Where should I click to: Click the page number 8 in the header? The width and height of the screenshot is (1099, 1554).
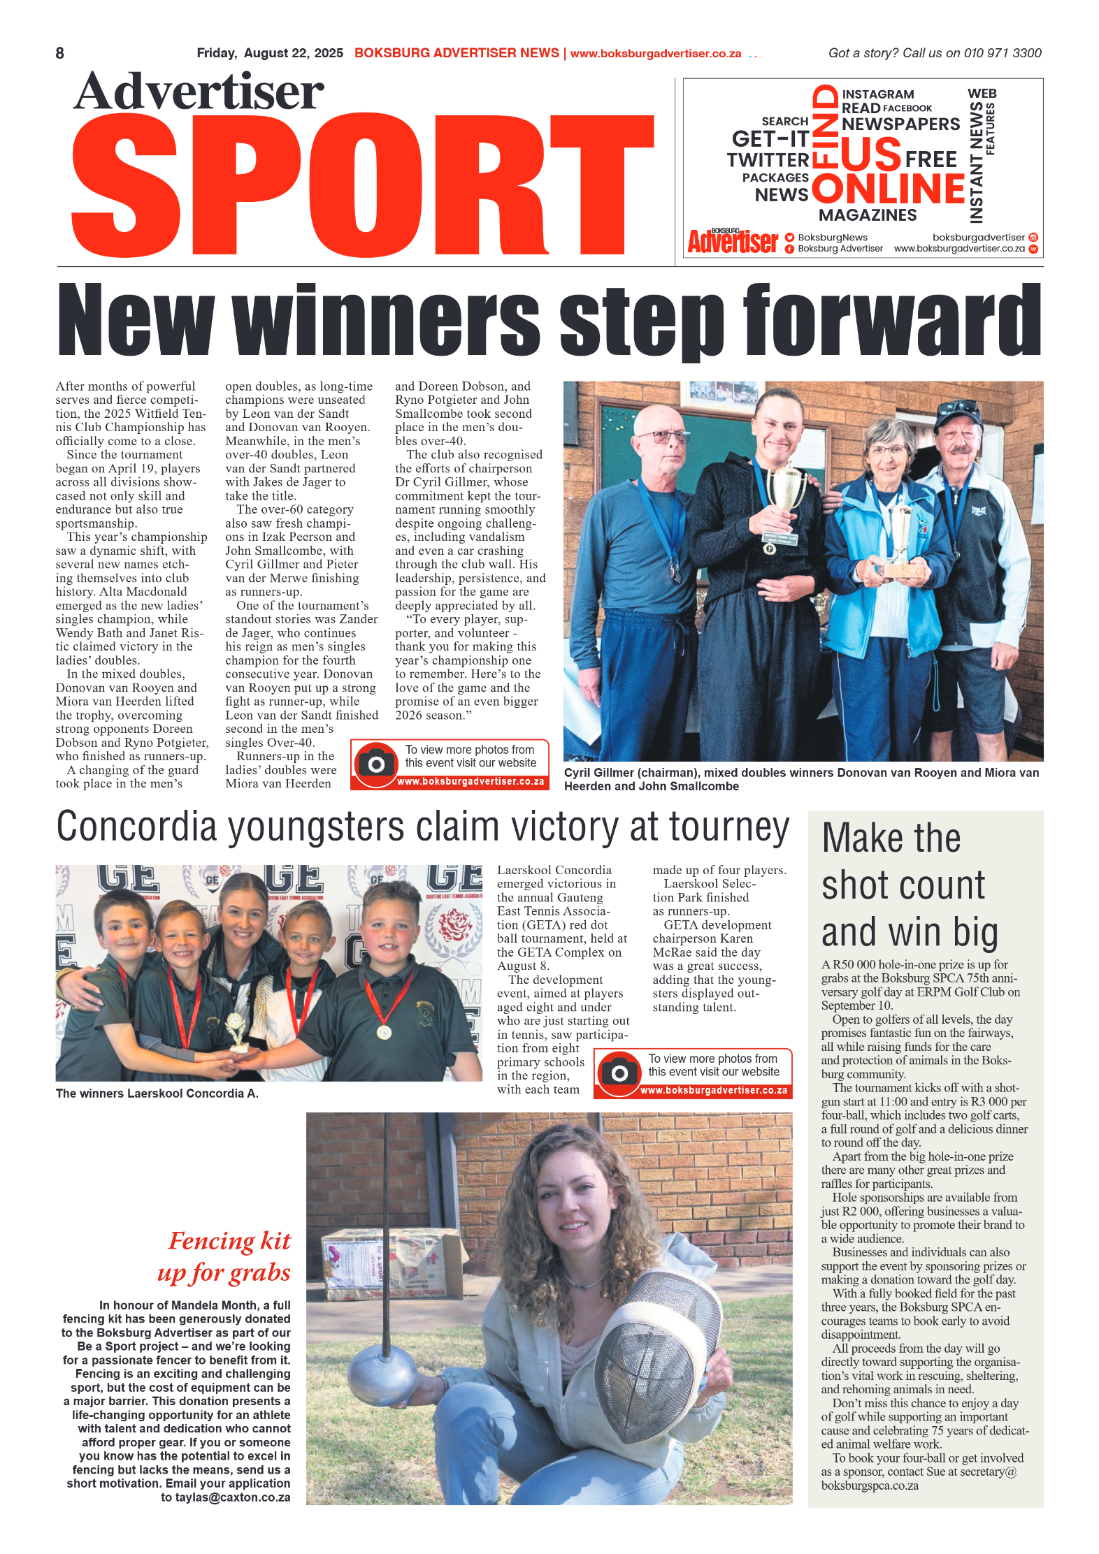click(60, 53)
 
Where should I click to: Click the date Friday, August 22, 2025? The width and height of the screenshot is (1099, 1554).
click(269, 53)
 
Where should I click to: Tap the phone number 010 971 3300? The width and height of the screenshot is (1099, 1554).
click(1002, 53)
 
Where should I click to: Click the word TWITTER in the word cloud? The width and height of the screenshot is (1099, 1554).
click(767, 161)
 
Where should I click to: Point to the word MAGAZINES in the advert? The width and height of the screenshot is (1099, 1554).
click(867, 215)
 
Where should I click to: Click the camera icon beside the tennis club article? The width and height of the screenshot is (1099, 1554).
click(375, 764)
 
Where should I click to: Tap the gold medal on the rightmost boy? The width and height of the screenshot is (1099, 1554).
click(384, 1033)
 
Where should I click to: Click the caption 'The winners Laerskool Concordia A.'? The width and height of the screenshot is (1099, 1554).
click(157, 1094)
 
